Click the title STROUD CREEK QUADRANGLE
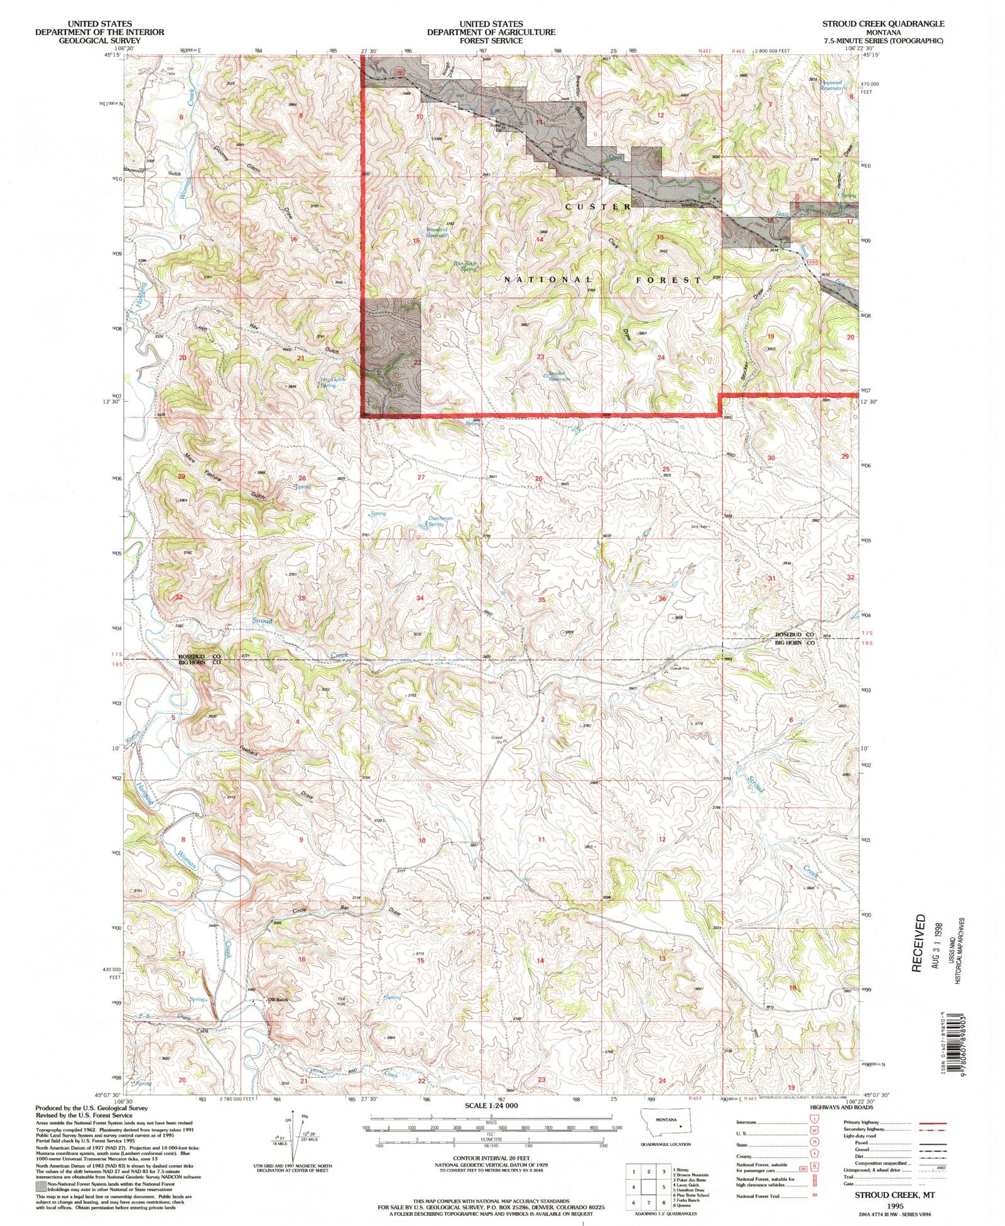883,23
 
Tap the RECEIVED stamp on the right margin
919,943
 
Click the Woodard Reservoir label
436,232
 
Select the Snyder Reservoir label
558,376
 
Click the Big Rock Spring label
465,266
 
